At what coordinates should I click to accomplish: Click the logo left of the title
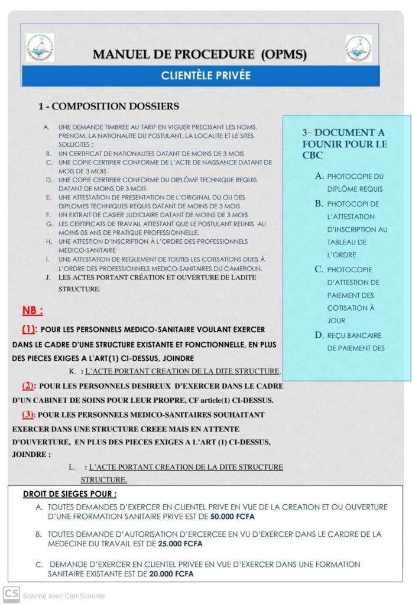[x=40, y=48]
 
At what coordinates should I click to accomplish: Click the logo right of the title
[x=359, y=48]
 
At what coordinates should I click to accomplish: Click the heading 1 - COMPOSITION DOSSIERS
[x=108, y=107]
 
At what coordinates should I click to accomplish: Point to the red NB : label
[x=33, y=311]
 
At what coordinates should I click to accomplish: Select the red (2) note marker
[x=28, y=386]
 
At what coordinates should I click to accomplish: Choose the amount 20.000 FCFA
[x=171, y=573]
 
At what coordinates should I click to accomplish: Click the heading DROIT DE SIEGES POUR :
[x=69, y=494]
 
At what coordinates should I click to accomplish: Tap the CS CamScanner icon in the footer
[x=11, y=594]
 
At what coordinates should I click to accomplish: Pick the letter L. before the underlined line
[x=72, y=468]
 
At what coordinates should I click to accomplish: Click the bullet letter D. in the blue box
[x=319, y=335]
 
